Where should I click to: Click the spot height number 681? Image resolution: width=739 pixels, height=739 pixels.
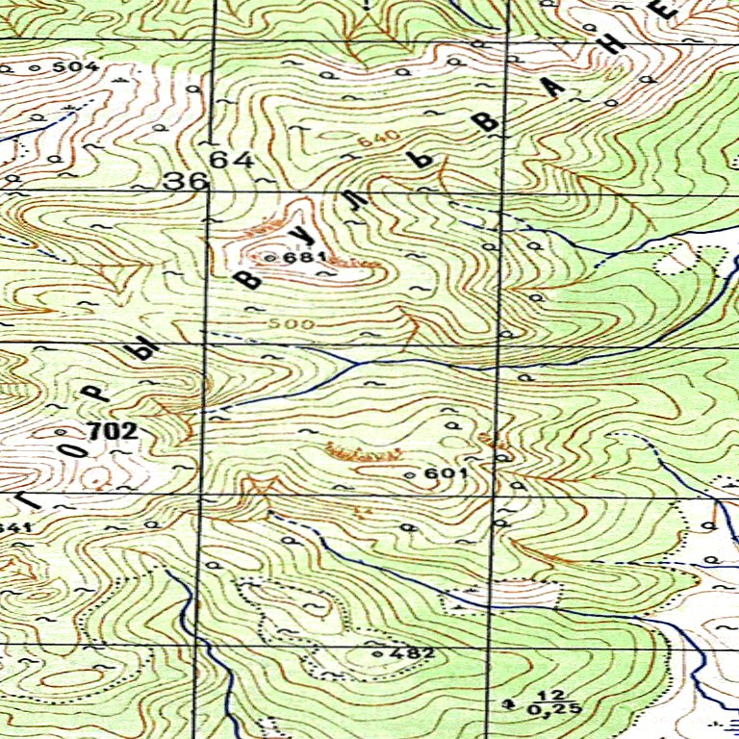click(314, 258)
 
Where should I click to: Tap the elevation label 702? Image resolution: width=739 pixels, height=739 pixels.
click(112, 432)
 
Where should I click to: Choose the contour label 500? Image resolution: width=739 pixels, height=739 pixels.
click(291, 324)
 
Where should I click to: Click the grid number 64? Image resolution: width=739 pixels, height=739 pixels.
click(232, 160)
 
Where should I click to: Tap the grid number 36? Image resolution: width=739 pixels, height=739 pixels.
click(186, 181)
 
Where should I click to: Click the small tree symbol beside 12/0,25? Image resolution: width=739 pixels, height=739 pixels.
click(509, 703)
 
